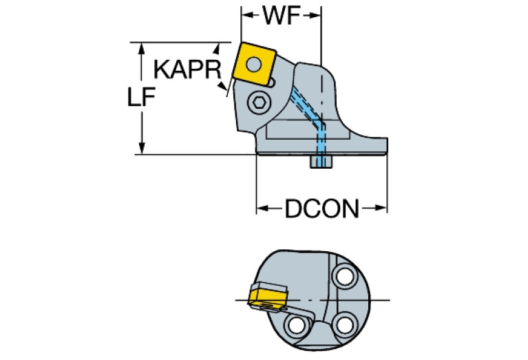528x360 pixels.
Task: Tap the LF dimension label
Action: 140,99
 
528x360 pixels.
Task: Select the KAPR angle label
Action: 185,70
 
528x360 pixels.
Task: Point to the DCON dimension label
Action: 322,208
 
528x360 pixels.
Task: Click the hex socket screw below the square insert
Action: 260,104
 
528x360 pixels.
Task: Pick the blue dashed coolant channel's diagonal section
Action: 306,108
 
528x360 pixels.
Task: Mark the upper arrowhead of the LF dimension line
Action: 142,47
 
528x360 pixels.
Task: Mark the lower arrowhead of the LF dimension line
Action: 142,149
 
